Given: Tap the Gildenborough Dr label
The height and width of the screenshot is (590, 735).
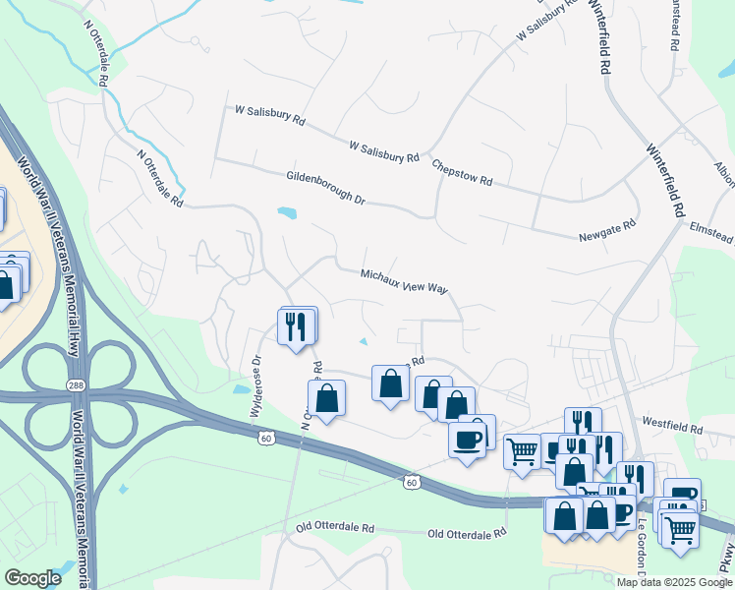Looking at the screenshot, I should click(x=325, y=189).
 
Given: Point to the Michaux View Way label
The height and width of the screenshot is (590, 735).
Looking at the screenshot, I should click(x=404, y=282).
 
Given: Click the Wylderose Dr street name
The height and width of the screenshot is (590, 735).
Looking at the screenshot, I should click(x=258, y=385).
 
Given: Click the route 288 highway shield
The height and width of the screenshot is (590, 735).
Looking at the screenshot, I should click(x=77, y=385).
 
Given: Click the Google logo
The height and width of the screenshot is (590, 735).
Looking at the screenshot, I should click(x=32, y=578).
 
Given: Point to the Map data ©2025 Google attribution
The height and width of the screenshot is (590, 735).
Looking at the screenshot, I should click(x=675, y=582).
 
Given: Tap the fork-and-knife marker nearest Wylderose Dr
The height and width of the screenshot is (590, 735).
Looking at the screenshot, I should click(x=298, y=325).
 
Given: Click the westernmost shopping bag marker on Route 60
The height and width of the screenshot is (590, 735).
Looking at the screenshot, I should click(x=327, y=399).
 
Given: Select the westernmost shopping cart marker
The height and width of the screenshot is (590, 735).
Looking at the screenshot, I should click(x=522, y=451).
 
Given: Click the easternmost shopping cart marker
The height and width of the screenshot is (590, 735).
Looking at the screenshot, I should click(x=679, y=528).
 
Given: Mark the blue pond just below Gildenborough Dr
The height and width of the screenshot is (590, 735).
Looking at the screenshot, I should click(x=286, y=211).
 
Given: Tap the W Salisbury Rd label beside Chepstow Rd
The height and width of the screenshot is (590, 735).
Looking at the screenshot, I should click(x=384, y=151).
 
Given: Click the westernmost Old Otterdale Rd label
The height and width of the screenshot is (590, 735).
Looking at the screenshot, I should click(x=336, y=528).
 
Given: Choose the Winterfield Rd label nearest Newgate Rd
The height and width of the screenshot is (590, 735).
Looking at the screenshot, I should click(x=664, y=182).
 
